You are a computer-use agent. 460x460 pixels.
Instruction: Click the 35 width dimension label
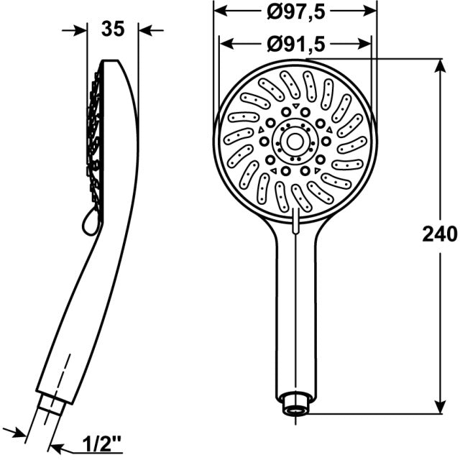point(112,29)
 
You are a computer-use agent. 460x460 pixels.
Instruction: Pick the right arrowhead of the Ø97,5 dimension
point(372,11)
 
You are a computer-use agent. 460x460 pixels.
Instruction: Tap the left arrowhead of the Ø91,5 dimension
point(226,43)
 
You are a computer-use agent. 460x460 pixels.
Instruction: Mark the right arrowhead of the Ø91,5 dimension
point(366,43)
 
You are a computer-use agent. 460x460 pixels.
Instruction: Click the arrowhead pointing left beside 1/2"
point(57,443)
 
